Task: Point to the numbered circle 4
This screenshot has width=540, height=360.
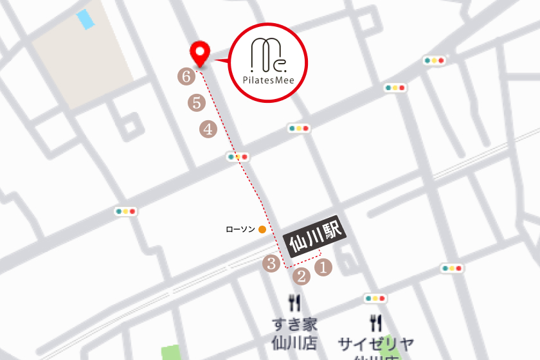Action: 208,129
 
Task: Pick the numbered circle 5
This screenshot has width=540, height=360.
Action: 196,102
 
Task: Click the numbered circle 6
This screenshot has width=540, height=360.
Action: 186,76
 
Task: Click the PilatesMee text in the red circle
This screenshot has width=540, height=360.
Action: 269,82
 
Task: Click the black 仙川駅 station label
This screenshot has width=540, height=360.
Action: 314,237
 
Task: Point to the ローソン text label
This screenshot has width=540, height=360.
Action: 240,229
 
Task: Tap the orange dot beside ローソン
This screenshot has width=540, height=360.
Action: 262,229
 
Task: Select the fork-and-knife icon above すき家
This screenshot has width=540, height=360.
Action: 295,303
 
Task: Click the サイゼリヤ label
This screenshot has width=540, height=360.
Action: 377,343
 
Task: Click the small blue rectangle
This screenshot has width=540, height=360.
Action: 85,19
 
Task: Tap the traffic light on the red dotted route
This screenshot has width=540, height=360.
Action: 237,156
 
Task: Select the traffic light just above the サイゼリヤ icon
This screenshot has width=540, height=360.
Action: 375,298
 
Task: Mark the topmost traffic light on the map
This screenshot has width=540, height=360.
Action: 435,60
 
